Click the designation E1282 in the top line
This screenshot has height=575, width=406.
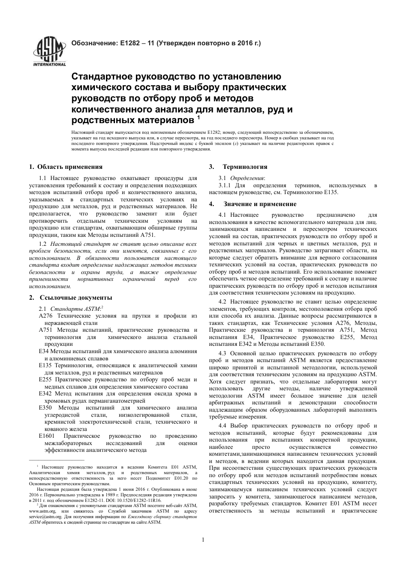[x=130, y=43]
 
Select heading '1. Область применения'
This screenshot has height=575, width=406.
[x=65, y=167]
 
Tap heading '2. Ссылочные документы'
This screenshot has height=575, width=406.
[x=71, y=298]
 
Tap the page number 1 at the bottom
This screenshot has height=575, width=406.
[x=203, y=540]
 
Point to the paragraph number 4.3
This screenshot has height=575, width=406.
[x=223, y=354]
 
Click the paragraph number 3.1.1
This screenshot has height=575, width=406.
[x=225, y=186]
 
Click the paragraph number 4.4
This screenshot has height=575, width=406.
[x=223, y=426]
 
